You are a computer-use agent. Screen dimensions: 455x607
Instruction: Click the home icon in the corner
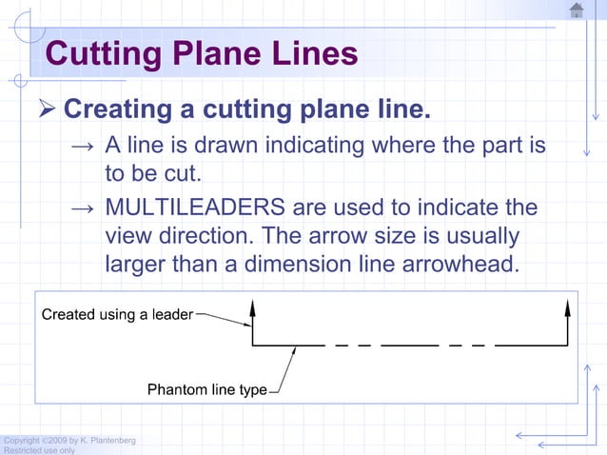point(577,10)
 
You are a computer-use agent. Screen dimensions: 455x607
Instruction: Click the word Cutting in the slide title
point(102,53)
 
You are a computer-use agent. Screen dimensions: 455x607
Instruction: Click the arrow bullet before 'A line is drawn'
point(83,148)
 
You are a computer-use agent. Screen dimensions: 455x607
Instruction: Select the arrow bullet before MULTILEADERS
point(83,208)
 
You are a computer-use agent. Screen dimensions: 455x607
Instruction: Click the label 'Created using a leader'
point(117,314)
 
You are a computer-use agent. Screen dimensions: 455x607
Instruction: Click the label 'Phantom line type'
point(206,390)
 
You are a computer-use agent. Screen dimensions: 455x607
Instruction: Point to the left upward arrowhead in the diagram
point(252,307)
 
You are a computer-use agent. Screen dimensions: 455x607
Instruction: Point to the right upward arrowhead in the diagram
point(568,307)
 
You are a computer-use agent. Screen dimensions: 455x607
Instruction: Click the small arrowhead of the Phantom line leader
point(293,349)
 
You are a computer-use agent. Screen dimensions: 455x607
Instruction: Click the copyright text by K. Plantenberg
point(69,440)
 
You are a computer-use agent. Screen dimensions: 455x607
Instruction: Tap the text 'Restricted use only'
point(39,450)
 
